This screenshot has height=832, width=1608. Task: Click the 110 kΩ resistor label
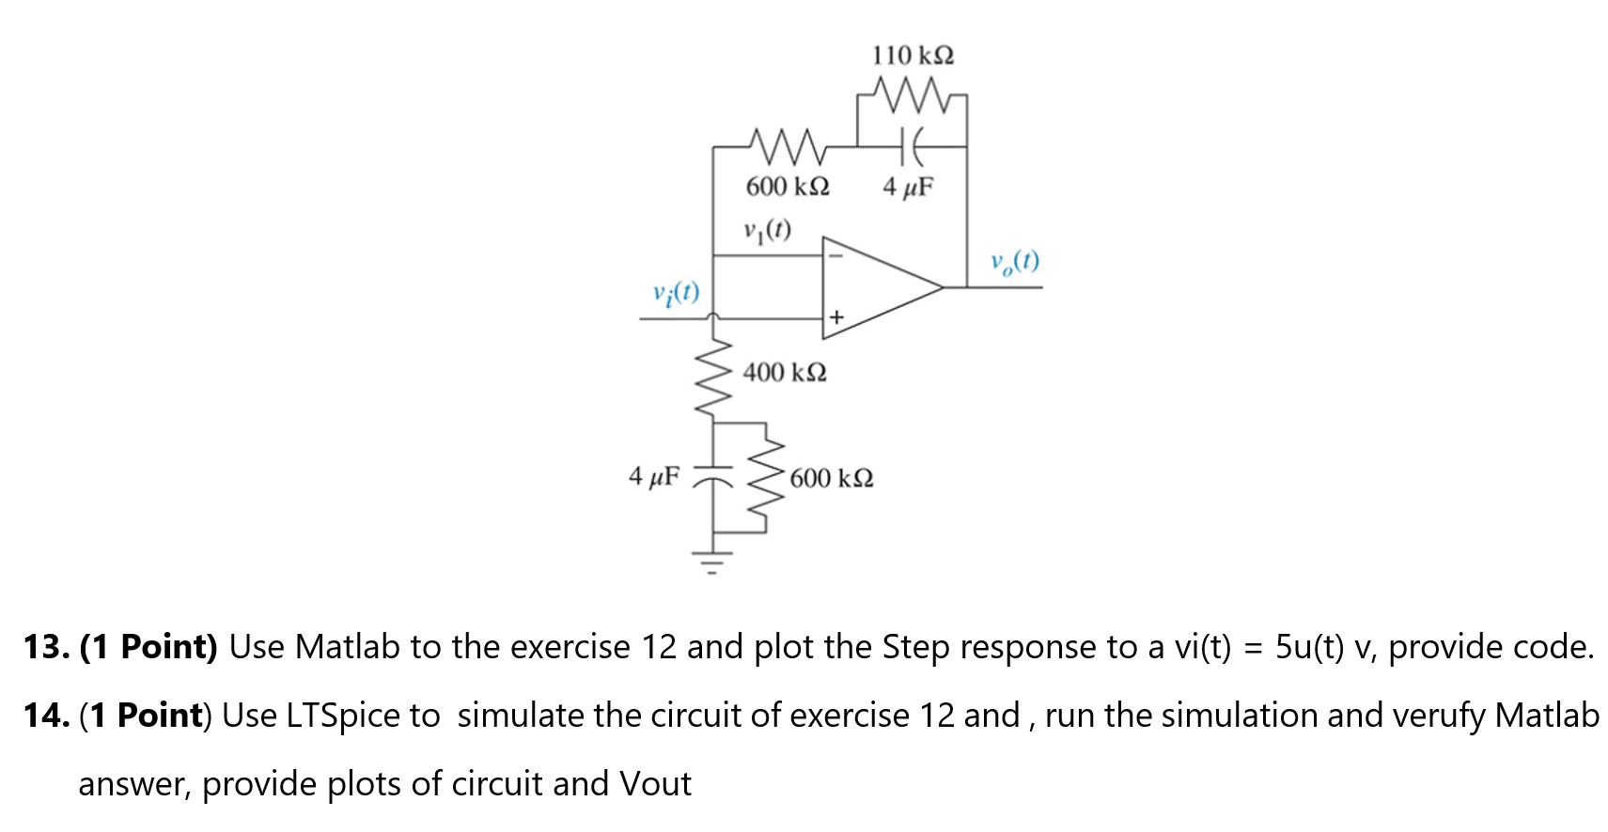(912, 55)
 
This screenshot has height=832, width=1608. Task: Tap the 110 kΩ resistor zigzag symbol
(910, 93)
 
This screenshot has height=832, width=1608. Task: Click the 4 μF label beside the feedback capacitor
(908, 187)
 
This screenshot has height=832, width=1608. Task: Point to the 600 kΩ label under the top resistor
(787, 186)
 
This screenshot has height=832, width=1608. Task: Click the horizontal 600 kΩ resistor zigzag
(787, 146)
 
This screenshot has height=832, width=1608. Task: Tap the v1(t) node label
(767, 230)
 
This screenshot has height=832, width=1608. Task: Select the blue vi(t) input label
(676, 293)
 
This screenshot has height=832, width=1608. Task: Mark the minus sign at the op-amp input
(835, 254)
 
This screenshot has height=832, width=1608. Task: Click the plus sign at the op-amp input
(835, 319)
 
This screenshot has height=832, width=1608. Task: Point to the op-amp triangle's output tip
(941, 286)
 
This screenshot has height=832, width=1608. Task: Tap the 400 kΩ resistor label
(784, 373)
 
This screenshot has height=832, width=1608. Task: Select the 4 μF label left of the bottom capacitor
(653, 476)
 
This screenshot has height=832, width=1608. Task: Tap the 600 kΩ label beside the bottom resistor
(831, 479)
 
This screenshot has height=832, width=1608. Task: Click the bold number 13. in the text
(47, 647)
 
